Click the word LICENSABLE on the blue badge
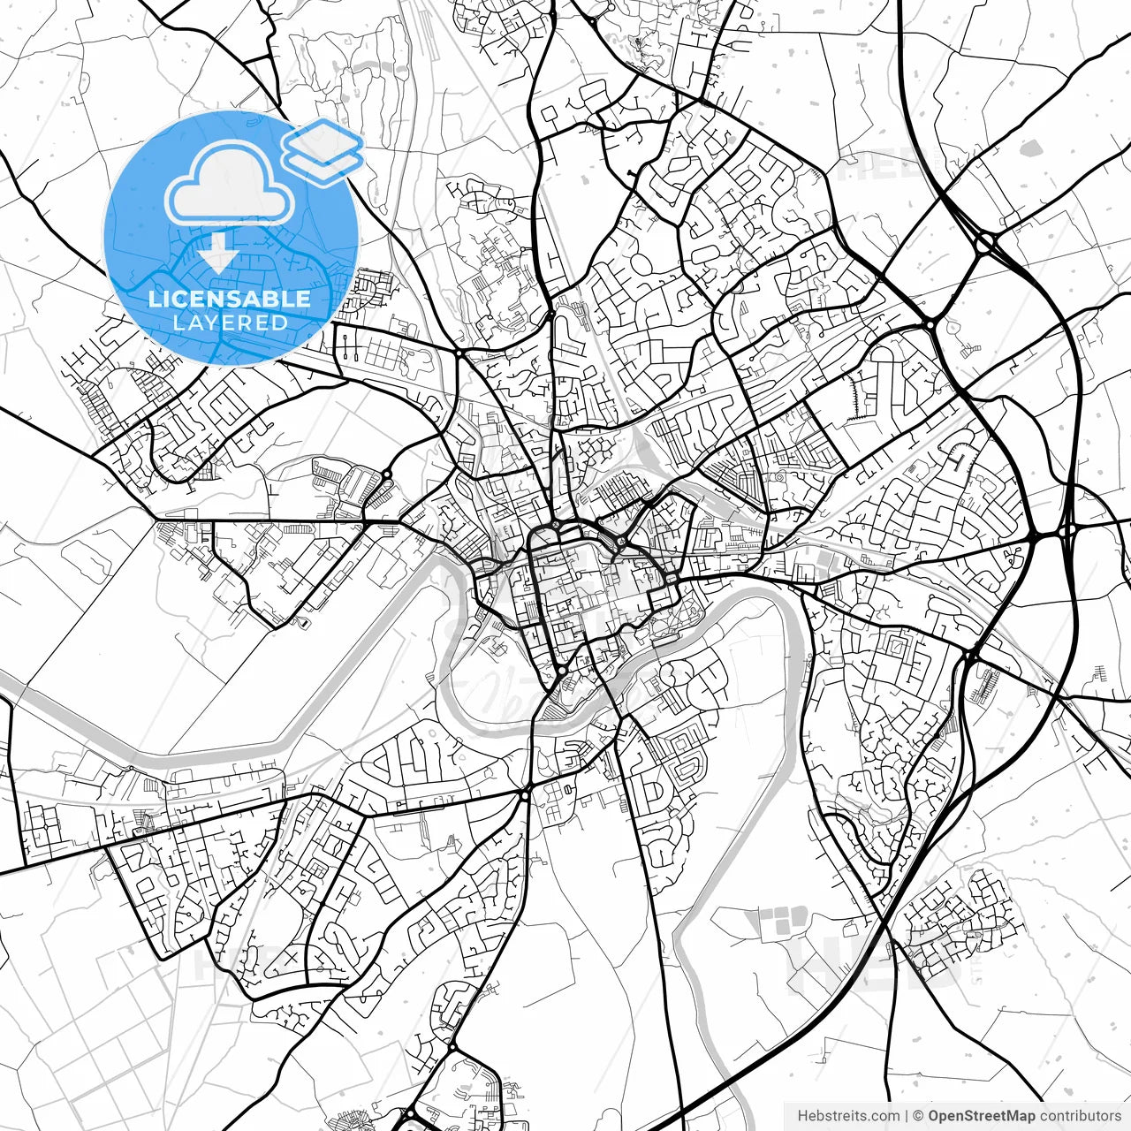pyautogui.click(x=230, y=299)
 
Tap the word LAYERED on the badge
pyautogui.click(x=230, y=323)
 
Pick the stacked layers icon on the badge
pyautogui.click(x=323, y=150)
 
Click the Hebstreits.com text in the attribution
pyautogui.click(x=849, y=1116)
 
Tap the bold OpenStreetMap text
pyautogui.click(x=982, y=1116)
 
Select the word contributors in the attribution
pyautogui.click(x=1081, y=1116)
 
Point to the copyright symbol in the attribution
pyautogui.click(x=918, y=1116)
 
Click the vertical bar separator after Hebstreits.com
pyautogui.click(x=907, y=1116)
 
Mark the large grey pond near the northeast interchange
pyautogui.click(x=1030, y=148)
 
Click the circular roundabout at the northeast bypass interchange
pyautogui.click(x=986, y=240)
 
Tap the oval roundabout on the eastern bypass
pyautogui.click(x=1051, y=535)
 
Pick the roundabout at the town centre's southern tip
pyautogui.click(x=562, y=672)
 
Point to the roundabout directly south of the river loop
pyautogui.click(x=525, y=795)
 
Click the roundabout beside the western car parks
pyautogui.click(x=387, y=474)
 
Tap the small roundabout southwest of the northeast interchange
pyautogui.click(x=930, y=325)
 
